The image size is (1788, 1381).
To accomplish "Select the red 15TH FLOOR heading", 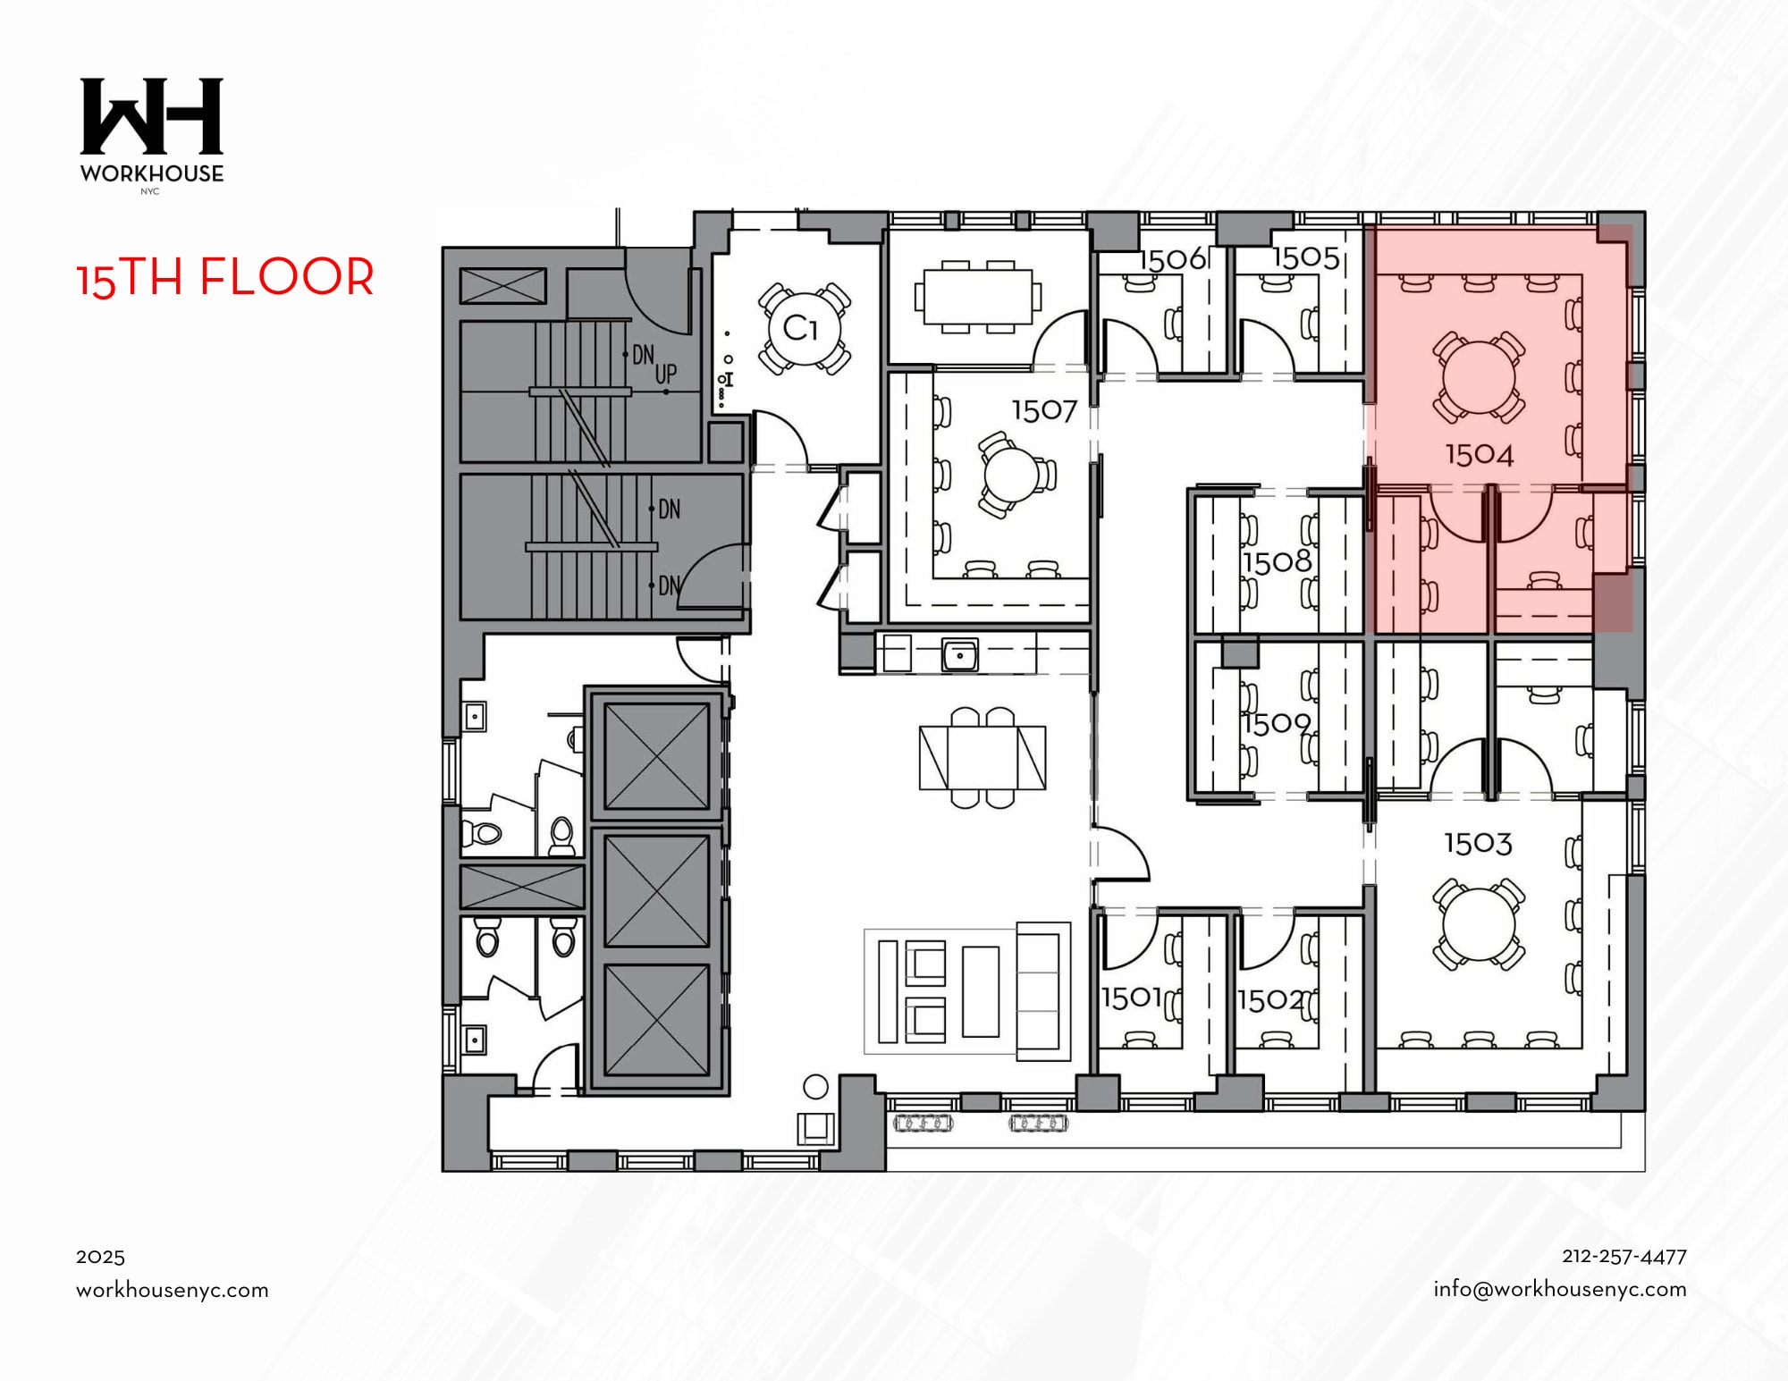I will point(225,277).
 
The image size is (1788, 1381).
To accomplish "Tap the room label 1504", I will point(1480,455).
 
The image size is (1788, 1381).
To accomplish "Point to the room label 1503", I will point(1478,843).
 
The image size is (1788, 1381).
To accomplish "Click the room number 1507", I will point(1043,410).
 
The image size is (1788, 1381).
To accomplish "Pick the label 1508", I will point(1277,562).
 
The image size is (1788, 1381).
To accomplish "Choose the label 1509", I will point(1277,722).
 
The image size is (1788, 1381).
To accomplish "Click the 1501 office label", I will point(1131,998).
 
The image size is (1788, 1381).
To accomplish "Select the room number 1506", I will point(1172,259).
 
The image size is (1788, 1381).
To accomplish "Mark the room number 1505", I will point(1305,258).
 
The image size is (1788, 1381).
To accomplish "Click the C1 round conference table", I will point(804,328).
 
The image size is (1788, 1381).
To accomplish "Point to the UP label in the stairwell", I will point(666,374).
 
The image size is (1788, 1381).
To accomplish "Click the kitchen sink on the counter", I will point(959,655).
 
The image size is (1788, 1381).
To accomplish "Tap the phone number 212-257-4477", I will point(1624,1256).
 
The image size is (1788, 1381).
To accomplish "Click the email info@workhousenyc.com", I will point(1559,1289).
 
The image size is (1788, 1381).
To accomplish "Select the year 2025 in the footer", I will point(100,1257).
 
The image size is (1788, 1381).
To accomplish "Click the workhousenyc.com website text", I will point(172,1290).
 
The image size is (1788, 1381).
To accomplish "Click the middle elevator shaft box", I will point(656,890).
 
